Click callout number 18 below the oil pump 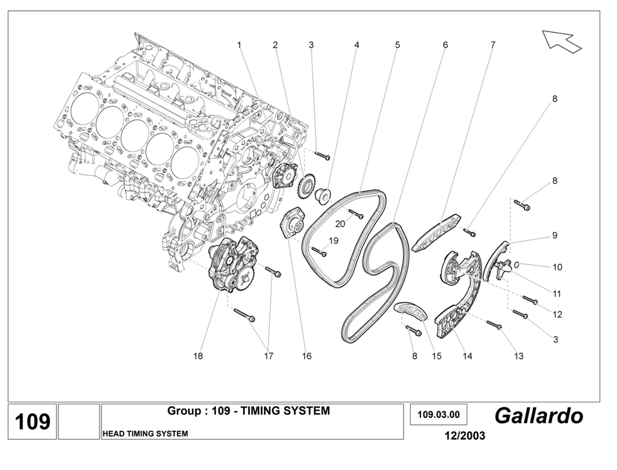[198, 356]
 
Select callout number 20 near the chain [340, 223]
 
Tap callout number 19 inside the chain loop [334, 241]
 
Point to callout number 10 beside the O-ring [557, 267]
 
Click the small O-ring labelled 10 [518, 264]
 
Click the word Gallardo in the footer [539, 416]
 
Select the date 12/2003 [464, 436]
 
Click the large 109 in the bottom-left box [32, 422]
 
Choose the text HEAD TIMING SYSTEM [145, 434]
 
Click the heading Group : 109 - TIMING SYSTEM [248, 411]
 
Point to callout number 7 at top [493, 45]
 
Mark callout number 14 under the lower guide [467, 356]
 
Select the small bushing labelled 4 [324, 193]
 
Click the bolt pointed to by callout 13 [494, 324]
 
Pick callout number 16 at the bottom [307, 356]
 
